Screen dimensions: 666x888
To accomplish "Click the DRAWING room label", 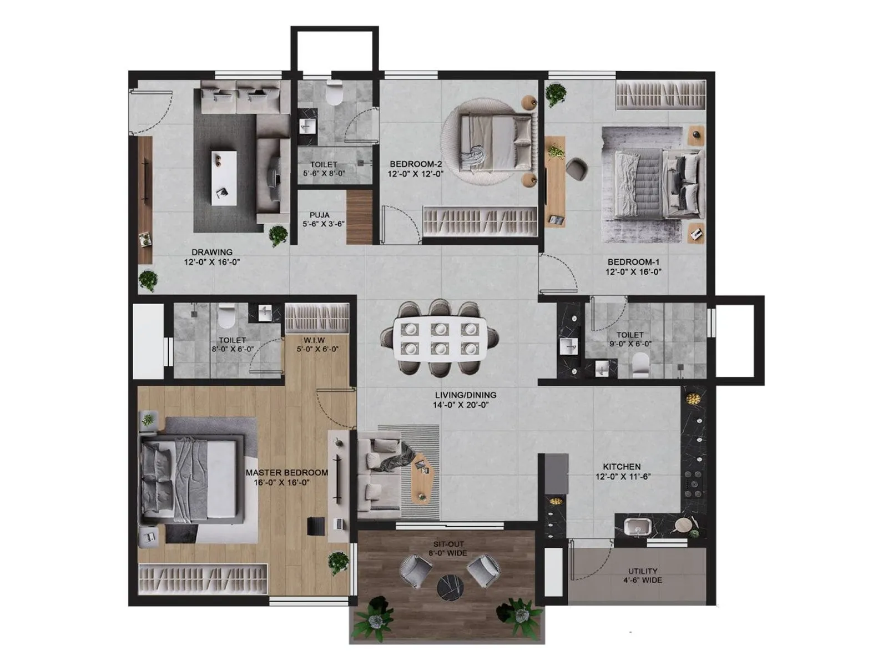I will pyautogui.click(x=211, y=252).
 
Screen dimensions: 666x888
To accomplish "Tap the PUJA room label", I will pyautogui.click(x=320, y=215).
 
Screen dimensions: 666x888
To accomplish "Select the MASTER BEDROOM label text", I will pyautogui.click(x=286, y=472).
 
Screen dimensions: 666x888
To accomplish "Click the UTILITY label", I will pyautogui.click(x=643, y=571).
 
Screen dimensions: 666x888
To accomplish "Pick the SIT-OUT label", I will pyautogui.click(x=448, y=544).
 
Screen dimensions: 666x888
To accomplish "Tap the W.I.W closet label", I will pyautogui.click(x=314, y=340).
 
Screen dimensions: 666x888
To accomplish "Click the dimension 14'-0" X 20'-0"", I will pyautogui.click(x=465, y=405).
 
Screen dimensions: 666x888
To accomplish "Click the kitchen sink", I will pyautogui.click(x=636, y=526).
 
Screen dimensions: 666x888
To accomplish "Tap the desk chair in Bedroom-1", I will pyautogui.click(x=577, y=169).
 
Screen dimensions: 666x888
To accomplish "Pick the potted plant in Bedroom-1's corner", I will pyautogui.click(x=556, y=94).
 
